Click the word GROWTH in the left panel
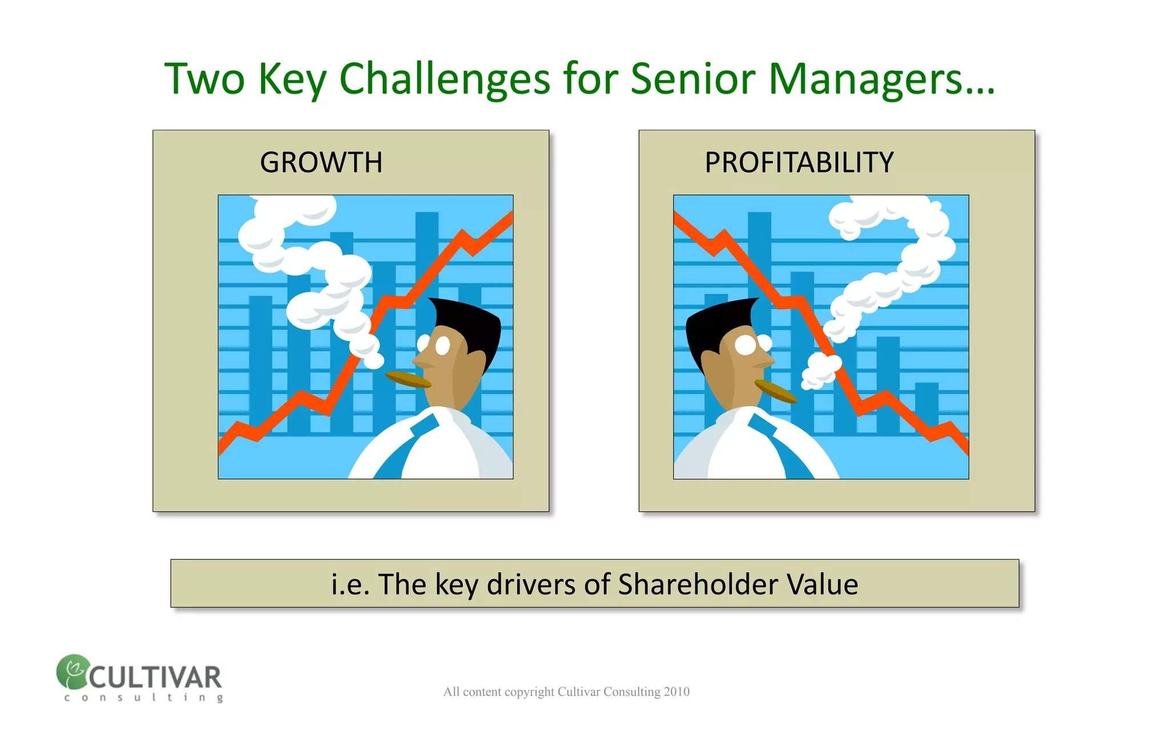point(321,163)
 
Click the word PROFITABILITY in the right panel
point(799,163)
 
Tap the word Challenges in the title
point(444,79)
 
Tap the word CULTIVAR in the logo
point(155,678)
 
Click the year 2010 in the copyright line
point(676,692)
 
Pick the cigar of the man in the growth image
point(407,379)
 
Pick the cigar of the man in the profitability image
point(775,391)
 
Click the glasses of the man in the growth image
point(436,345)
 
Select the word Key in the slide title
point(291,79)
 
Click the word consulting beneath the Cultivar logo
point(143,697)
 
